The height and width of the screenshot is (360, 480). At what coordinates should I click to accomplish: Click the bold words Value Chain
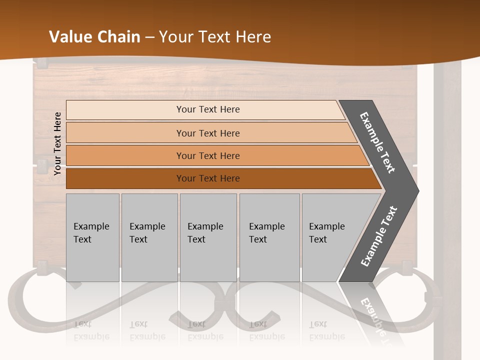94,37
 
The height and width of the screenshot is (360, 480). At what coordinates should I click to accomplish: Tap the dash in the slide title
149,37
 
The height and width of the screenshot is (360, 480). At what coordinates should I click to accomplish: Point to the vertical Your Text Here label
57,143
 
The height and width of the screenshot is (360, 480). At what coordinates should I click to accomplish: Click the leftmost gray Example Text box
92,237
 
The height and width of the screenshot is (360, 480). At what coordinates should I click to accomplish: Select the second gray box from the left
149,237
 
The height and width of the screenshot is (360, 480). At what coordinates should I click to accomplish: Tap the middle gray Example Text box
208,237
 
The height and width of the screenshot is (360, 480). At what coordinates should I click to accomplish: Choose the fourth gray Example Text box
269,237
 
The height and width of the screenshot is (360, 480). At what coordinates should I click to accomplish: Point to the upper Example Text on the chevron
378,142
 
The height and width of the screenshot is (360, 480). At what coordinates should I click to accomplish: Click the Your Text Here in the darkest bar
208,178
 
